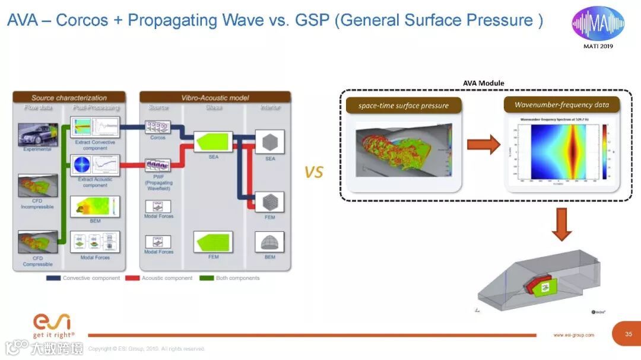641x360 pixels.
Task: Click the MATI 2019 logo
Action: pos(598,27)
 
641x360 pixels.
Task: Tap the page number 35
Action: pos(629,334)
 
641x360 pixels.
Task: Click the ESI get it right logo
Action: pos(53,326)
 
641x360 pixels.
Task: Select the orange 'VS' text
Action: pos(314,172)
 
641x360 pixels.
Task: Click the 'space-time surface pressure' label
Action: pos(404,106)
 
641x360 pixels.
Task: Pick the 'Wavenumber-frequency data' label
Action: pos(561,105)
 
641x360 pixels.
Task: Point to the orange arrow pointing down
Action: pos(561,224)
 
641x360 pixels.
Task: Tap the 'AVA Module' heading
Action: pos(483,83)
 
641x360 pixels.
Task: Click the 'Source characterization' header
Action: pos(69,98)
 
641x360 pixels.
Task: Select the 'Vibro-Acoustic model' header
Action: pos(215,98)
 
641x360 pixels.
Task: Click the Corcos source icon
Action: pos(158,126)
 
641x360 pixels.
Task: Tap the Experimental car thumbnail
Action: pos(38,134)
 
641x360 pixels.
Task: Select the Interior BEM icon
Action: pos(269,241)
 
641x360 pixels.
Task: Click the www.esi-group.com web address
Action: pos(574,335)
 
